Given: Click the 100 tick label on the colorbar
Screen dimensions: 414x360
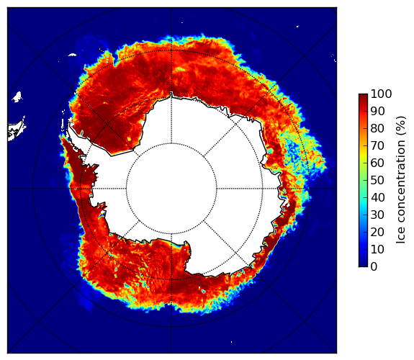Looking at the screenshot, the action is coord(381,94).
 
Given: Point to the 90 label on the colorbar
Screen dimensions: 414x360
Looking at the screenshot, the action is coord(377,111).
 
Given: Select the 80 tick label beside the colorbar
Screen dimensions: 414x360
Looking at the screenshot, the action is coord(377,129).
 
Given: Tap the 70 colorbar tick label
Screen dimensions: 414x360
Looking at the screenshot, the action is coord(377,145).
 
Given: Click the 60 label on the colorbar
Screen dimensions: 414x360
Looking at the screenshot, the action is coord(377,163).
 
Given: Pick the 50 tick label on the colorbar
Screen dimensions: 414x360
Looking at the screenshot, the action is coord(377,181).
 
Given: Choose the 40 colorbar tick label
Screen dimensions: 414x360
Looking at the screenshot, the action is coord(377,197).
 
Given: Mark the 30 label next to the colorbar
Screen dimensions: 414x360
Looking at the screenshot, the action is coord(377,215).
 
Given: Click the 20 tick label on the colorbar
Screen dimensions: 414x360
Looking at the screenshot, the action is coord(377,232).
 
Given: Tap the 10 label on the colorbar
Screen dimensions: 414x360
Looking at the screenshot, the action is coord(377,249).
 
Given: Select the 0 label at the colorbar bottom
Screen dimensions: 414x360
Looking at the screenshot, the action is coord(374,267).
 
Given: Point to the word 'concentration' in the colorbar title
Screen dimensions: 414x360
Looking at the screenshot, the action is coord(400,183).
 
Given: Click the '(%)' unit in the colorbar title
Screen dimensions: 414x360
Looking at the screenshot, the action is coord(400,126).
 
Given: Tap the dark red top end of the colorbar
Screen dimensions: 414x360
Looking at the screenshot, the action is coord(363,96).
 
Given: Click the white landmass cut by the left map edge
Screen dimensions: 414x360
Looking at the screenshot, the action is coord(16,130).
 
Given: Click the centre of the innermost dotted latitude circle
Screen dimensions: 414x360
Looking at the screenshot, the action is coord(171,189).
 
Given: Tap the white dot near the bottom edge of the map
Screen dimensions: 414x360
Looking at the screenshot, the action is coord(232,342).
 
